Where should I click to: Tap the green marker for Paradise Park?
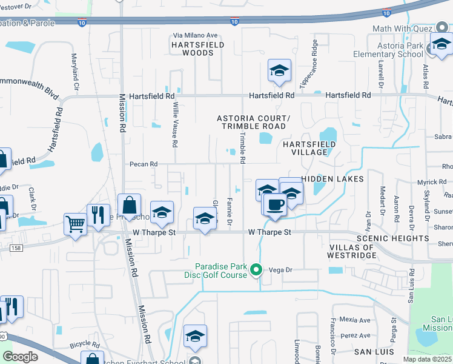[256, 270]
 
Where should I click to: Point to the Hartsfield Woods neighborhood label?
[193, 49]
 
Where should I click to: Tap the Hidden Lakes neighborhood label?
[332, 179]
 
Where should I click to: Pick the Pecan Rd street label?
[143, 164]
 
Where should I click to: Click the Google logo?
[21, 357]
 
